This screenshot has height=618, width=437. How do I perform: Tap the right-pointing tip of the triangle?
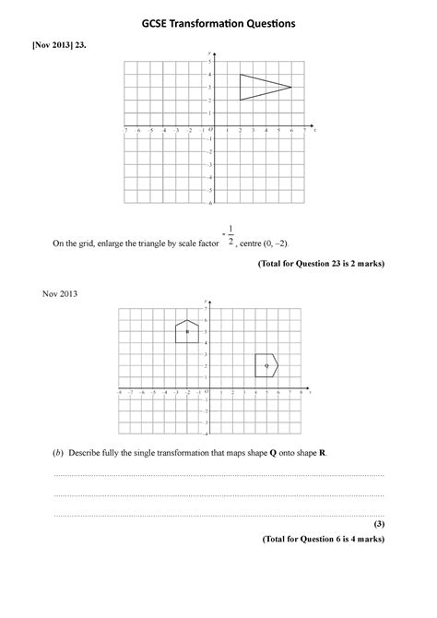[x=291, y=87]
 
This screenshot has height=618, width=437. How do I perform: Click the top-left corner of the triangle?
[x=240, y=74]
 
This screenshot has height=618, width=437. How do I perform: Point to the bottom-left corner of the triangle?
[x=240, y=100]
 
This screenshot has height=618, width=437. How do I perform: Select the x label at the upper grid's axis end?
[x=315, y=130]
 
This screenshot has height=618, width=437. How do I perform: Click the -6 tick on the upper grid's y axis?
[x=210, y=203]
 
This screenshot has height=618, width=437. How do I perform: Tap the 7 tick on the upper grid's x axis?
[x=304, y=131]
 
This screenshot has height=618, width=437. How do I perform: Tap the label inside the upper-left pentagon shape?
[x=187, y=331]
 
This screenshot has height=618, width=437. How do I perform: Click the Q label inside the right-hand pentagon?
[x=266, y=366]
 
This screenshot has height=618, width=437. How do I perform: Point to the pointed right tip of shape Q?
[x=278, y=365]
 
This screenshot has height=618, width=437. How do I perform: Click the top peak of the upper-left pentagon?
[x=187, y=320]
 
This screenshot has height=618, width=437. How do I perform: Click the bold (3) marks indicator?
[x=378, y=523]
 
